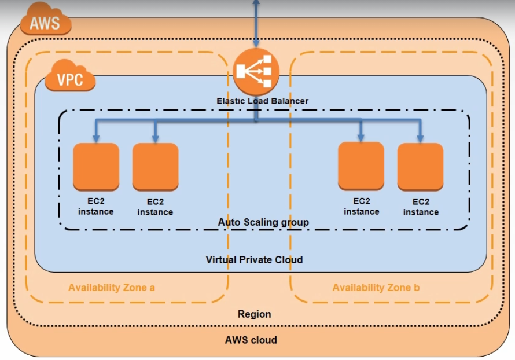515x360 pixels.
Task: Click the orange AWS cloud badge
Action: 45,22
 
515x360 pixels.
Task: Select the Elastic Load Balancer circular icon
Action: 256,72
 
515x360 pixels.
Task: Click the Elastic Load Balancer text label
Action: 262,101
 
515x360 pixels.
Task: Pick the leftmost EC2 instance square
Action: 96,167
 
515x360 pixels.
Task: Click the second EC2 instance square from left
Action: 155,167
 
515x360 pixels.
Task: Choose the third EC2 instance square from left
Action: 361,166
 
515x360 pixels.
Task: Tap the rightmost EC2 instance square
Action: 421,167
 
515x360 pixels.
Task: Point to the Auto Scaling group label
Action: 263,222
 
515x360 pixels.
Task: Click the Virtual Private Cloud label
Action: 254,259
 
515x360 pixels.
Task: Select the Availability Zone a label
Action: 112,288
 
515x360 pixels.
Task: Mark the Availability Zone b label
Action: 376,288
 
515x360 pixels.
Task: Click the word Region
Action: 254,314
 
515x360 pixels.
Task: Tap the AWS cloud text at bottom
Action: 251,340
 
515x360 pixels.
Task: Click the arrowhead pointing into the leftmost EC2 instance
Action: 96,138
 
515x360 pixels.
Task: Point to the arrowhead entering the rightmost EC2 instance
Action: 421,138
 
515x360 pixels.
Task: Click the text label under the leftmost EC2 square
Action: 96,207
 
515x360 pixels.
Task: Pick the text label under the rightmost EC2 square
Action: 421,207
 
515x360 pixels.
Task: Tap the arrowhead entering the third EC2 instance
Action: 361,138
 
